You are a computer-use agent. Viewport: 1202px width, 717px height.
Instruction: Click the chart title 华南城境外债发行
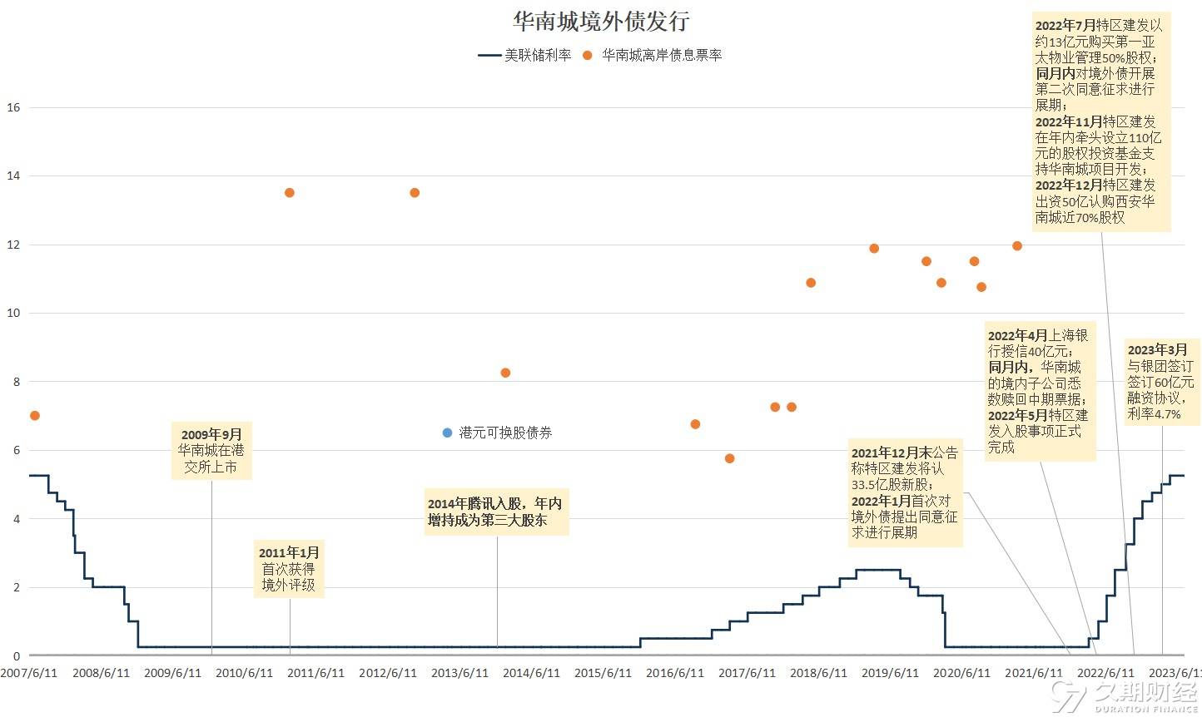[x=600, y=21]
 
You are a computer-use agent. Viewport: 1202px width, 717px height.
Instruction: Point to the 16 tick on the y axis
[x=12, y=107]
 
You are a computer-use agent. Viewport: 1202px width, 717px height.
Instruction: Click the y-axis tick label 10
[x=12, y=313]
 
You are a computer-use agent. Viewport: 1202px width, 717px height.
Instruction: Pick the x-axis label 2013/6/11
[x=459, y=672]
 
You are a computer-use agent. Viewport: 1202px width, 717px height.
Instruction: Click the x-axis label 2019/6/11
[x=890, y=672]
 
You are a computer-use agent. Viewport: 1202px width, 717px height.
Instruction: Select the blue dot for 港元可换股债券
[x=447, y=433]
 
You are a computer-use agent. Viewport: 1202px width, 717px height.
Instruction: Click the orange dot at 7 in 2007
[x=34, y=415]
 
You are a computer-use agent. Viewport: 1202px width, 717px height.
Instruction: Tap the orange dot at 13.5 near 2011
[x=290, y=192]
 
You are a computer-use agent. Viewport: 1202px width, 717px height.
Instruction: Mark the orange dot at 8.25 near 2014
[x=505, y=373]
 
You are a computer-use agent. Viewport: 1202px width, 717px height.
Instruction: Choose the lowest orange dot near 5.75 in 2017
[x=730, y=458]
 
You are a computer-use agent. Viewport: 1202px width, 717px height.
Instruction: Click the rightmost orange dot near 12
[x=1017, y=245]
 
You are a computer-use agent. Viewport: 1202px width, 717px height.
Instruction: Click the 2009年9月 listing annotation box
[x=211, y=451]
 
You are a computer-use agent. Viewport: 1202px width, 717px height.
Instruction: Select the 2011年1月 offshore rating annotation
[x=289, y=569]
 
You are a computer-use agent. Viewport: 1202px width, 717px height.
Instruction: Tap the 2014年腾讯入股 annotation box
[x=496, y=512]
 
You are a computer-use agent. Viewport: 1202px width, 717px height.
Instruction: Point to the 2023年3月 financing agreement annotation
[x=1160, y=381]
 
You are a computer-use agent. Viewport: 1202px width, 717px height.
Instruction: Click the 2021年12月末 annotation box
[x=904, y=492]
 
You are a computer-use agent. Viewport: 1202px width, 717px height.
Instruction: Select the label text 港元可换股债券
[x=505, y=433]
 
